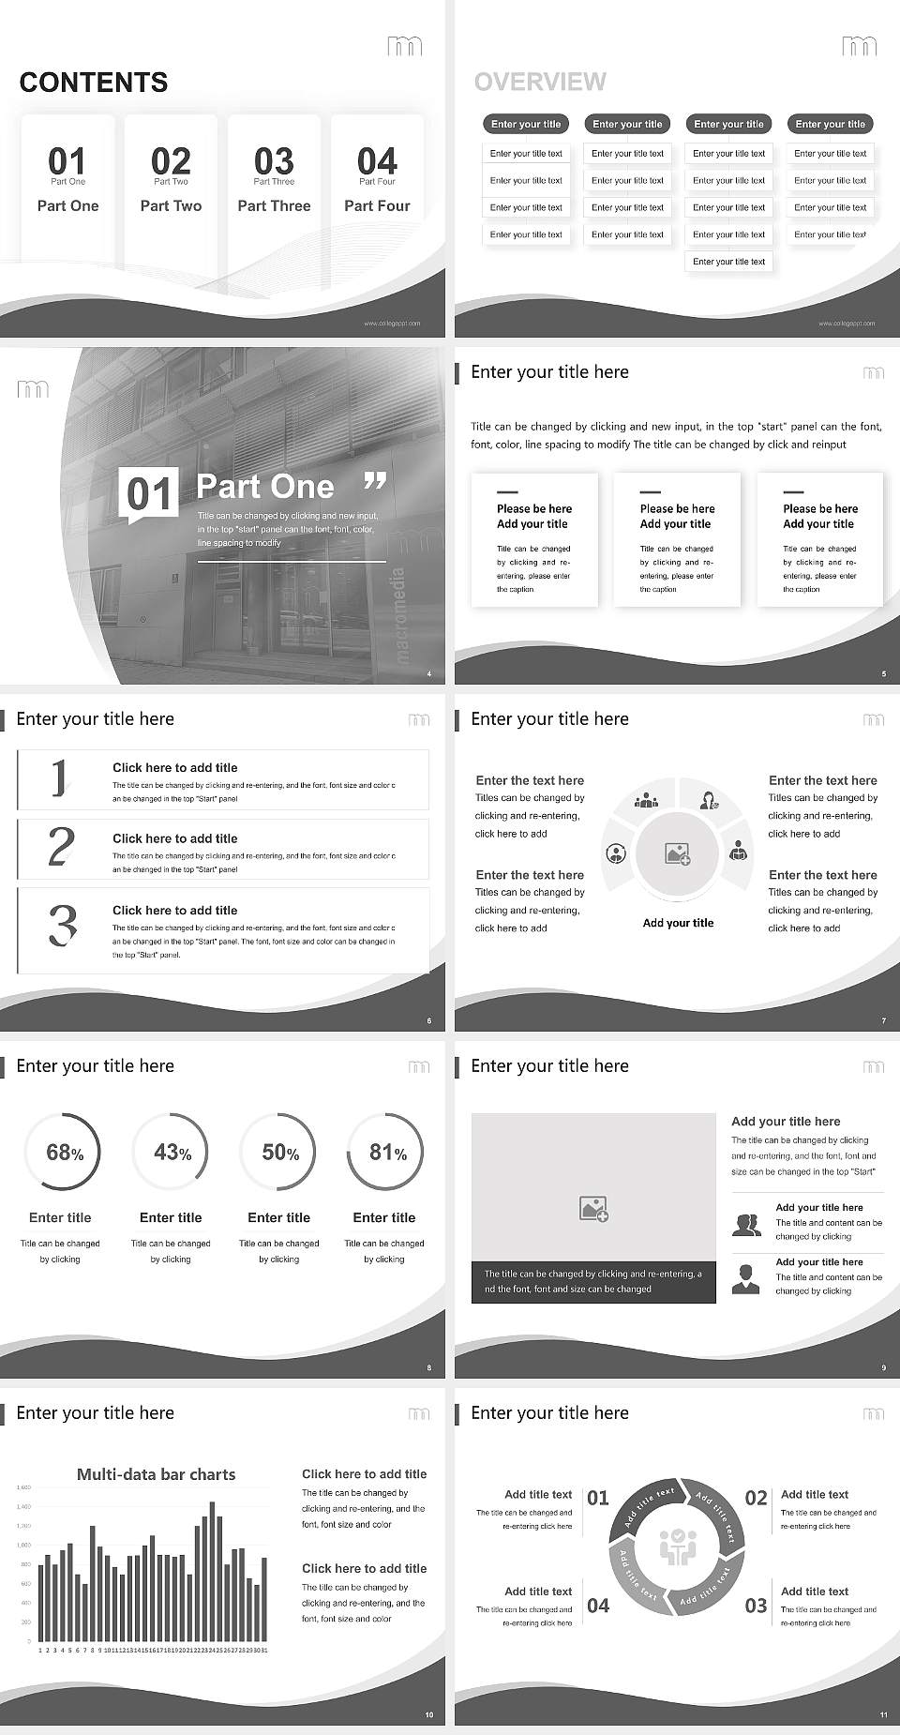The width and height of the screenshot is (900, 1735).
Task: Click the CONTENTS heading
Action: coord(94,83)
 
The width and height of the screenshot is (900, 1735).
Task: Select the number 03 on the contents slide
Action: coord(274,160)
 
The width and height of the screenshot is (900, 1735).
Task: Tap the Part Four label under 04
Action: coord(377,205)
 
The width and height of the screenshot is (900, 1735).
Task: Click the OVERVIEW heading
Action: coord(540,82)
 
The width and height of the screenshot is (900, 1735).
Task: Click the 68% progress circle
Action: coord(62,1152)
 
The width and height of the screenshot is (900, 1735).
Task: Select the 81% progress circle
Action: coord(385,1152)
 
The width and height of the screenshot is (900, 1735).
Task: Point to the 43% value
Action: coord(172,1153)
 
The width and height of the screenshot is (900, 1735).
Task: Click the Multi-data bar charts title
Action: coord(156,1474)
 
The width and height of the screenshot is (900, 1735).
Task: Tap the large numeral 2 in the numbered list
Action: coord(61,847)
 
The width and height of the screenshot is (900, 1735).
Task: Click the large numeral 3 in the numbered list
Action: coord(62,925)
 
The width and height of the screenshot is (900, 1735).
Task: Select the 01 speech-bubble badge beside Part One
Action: coord(150,494)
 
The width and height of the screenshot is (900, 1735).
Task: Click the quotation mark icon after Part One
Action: coord(375,482)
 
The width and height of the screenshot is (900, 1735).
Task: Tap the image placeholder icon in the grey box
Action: coord(593,1209)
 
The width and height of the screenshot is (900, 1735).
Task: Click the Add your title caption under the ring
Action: coord(678,923)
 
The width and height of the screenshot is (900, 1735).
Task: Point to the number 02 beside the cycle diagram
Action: coord(756,1498)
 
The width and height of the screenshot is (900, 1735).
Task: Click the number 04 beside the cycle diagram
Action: coord(598,1606)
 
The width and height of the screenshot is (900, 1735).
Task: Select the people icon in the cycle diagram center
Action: coord(677,1546)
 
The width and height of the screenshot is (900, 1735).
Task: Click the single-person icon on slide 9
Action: coord(745,1278)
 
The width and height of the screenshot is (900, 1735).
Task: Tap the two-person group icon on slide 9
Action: coord(746,1225)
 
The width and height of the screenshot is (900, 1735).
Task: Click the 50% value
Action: coord(280,1153)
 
